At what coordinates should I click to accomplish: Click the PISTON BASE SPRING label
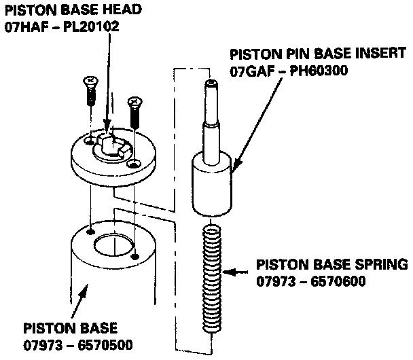pyautogui.click(x=331, y=264)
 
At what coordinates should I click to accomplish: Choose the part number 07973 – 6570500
pyautogui.click(x=79, y=344)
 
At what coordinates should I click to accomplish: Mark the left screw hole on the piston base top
pyautogui.click(x=91, y=231)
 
